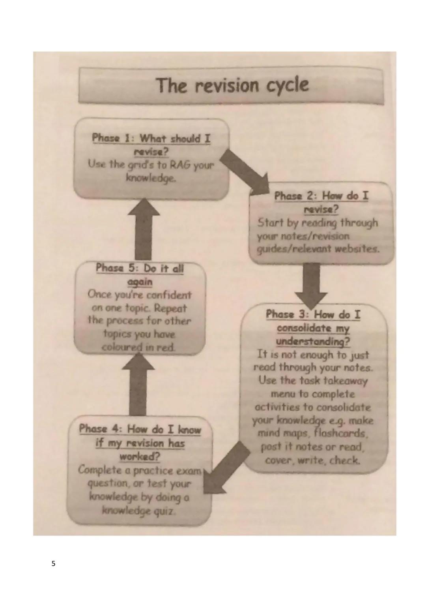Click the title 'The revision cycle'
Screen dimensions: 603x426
pos(232,85)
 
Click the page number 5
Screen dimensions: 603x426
pos(54,564)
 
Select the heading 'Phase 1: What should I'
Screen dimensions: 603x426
pos(151,139)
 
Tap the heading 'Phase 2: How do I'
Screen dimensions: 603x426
pos(321,196)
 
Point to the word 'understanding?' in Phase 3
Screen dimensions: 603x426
pos(313,341)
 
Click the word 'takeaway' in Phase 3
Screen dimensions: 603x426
pos(346,381)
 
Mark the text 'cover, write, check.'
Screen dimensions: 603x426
pos(312,460)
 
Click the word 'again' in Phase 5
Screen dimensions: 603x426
pos(140,282)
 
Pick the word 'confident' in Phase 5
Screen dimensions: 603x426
pos(169,295)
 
